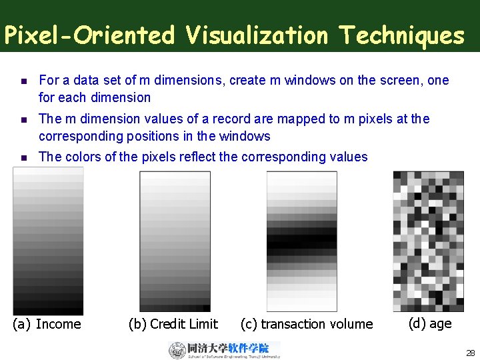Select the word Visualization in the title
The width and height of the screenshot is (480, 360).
(257, 35)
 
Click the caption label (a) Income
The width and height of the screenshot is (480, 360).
(47, 324)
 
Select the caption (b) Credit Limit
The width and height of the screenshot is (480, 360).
(173, 324)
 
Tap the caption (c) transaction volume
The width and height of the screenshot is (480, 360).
(307, 324)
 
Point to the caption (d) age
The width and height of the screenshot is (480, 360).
(429, 323)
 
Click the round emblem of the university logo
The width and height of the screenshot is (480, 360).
(177, 351)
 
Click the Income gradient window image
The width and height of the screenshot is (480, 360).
(48, 241)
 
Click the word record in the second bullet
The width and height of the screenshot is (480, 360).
(220, 119)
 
